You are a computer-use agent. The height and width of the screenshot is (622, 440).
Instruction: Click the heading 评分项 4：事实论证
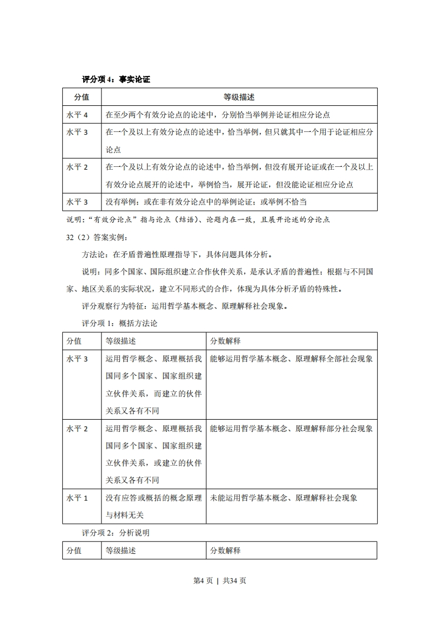pyautogui.click(x=115, y=79)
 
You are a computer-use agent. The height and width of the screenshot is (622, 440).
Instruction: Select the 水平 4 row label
pyautogui.click(x=77, y=115)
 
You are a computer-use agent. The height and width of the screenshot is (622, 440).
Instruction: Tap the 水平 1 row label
pyautogui.click(x=77, y=498)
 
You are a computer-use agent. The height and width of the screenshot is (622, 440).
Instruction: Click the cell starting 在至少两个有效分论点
pyautogui.click(x=218, y=115)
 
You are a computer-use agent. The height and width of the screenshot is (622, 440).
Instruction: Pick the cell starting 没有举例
pyautogui.click(x=206, y=202)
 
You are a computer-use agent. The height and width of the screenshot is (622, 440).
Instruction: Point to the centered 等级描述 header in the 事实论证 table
pyautogui.click(x=239, y=97)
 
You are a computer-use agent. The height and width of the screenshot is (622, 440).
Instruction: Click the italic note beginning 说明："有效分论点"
pyautogui.click(x=198, y=220)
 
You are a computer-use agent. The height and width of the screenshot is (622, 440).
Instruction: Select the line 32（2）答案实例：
pyautogui.click(x=97, y=237)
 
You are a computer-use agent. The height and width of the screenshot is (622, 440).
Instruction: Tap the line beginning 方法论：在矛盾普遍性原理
pyautogui.click(x=176, y=254)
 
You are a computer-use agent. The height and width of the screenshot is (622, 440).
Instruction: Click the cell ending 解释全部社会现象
pyautogui.click(x=291, y=359)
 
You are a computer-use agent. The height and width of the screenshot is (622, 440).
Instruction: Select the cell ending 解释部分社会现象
pyautogui.click(x=291, y=429)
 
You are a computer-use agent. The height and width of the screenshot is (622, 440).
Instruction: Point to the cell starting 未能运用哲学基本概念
pyautogui.click(x=284, y=498)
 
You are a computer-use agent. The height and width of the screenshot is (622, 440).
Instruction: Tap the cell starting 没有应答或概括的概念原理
pyautogui.click(x=153, y=506)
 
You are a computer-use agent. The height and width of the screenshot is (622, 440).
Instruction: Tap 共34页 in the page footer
pyautogui.click(x=234, y=580)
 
